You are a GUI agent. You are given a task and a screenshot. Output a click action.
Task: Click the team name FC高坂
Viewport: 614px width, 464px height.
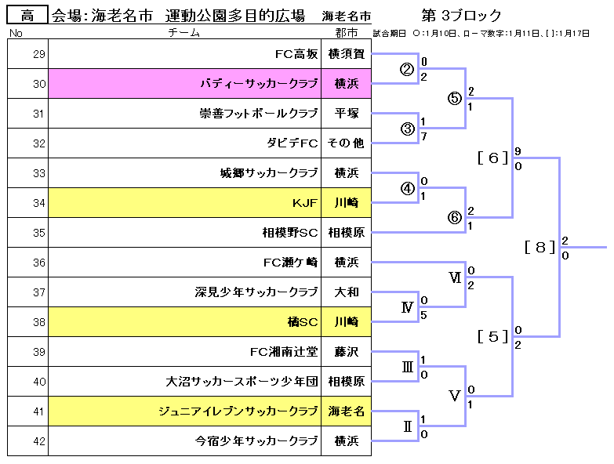296,54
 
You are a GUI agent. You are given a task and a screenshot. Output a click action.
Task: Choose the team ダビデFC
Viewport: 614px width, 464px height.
292,143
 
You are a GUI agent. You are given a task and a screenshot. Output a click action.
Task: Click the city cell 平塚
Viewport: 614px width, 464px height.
346,114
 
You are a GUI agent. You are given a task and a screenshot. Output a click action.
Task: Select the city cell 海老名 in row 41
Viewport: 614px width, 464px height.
346,411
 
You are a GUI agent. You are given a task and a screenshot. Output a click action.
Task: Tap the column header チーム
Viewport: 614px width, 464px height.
183,33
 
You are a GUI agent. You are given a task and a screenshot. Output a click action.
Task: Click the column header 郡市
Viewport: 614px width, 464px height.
345,33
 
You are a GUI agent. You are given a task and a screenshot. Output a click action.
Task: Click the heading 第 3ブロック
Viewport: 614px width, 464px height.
461,16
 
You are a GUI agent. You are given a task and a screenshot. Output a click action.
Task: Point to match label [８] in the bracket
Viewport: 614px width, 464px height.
540,248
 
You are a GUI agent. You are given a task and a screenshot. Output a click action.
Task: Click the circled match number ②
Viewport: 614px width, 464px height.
407,69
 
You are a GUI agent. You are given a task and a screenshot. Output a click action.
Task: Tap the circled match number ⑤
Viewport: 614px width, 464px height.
455,99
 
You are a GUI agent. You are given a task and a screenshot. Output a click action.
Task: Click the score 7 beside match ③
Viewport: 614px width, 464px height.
423,136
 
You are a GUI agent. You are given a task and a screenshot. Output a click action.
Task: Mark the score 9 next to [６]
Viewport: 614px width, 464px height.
518,151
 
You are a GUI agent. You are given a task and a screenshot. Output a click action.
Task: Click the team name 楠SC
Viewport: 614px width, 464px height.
302,321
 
